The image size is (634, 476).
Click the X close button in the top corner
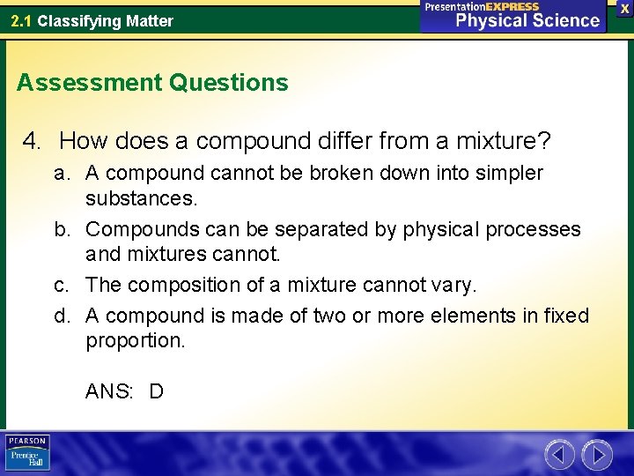(x=624, y=8)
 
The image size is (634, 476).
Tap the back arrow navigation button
(x=559, y=455)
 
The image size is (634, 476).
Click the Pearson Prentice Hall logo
(x=28, y=452)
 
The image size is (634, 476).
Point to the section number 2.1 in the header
(x=21, y=20)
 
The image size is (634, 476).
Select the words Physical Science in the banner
(x=527, y=21)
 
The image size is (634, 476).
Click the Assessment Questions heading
(x=152, y=83)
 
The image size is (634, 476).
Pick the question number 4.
(x=33, y=140)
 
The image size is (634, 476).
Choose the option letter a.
(x=62, y=173)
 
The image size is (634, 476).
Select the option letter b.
(x=62, y=229)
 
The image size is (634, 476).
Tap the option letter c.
(x=62, y=285)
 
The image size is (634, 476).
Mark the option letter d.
(x=62, y=315)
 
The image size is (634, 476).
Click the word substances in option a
(x=141, y=198)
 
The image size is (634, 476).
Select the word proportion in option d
(x=135, y=340)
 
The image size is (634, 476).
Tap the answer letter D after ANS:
(x=156, y=390)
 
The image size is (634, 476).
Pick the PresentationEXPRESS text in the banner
(x=482, y=6)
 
